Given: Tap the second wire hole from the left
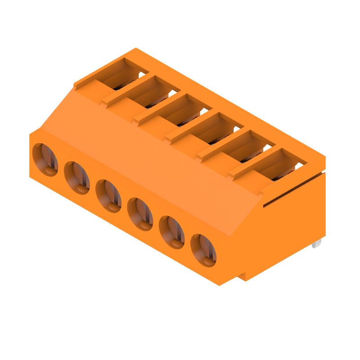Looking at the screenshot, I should tap(77, 178).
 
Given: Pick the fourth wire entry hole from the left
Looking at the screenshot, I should tap(140, 214).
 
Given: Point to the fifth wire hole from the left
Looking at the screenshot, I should tap(172, 232).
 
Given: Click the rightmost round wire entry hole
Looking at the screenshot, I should tap(203, 250).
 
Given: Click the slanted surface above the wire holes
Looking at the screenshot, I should tap(148, 157).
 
